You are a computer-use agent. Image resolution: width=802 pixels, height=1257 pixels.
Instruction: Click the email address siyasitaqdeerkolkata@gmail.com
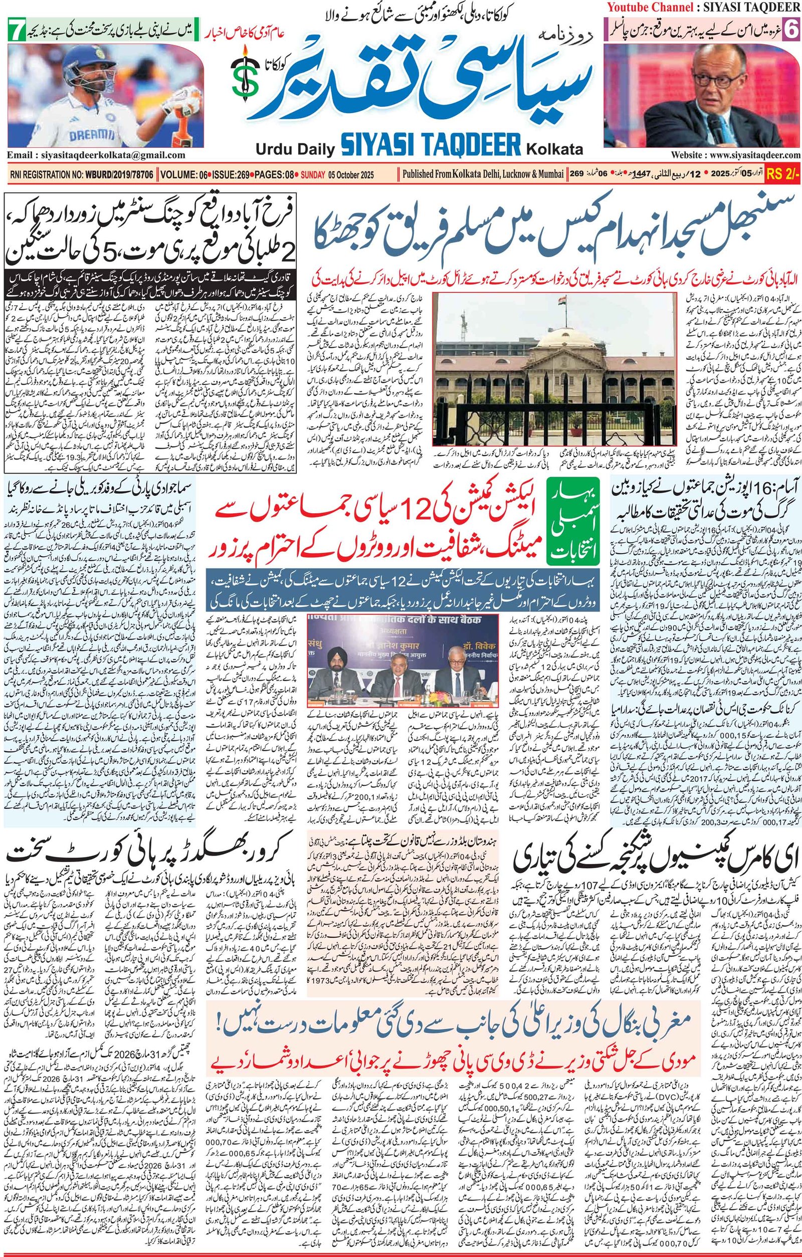pyautogui.click(x=96, y=155)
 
